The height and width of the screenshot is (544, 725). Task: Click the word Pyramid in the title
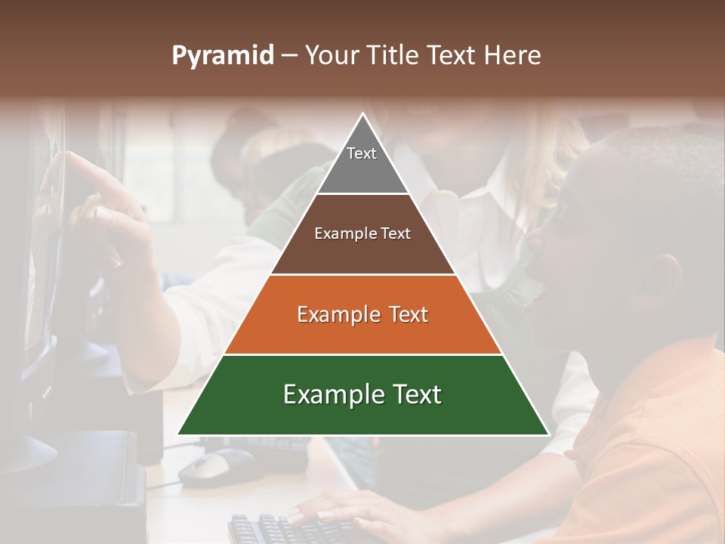(x=222, y=56)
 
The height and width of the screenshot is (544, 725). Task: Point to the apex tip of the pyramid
(x=362, y=116)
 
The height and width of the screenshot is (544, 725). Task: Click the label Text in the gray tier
(x=362, y=153)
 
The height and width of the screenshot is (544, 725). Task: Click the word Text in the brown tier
(x=395, y=233)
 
